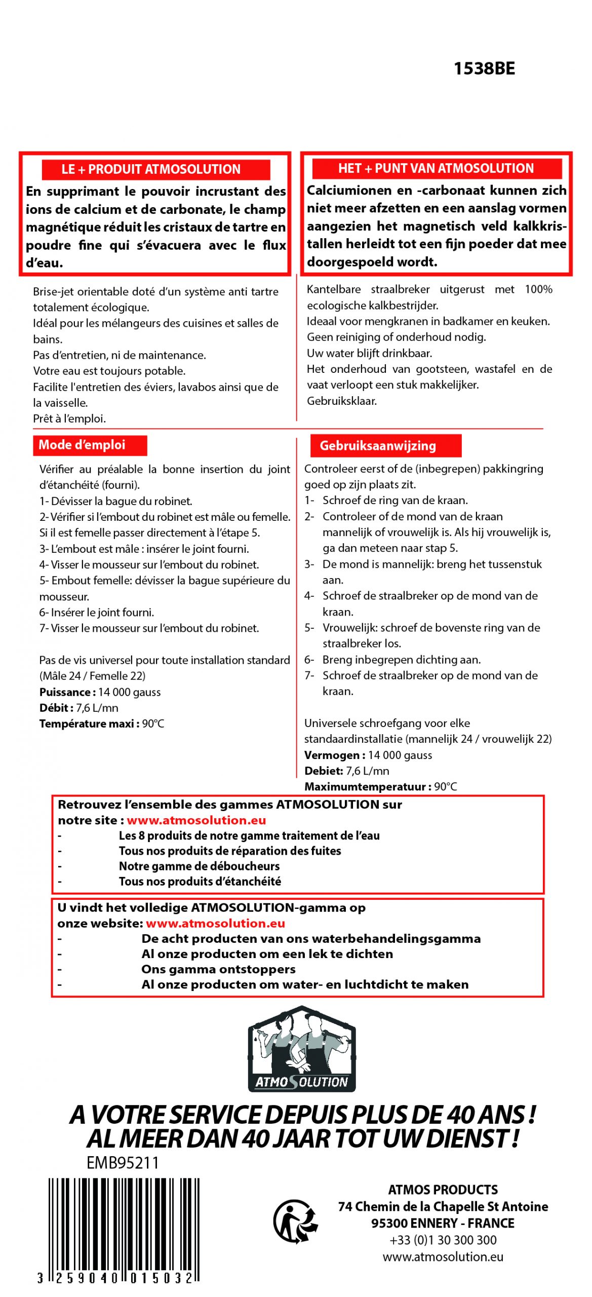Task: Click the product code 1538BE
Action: [484, 68]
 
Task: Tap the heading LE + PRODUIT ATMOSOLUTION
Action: [151, 169]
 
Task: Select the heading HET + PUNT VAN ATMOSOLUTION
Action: [436, 168]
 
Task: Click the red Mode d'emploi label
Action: [83, 445]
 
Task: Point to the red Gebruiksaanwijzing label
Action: [377, 446]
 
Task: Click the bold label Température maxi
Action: [86, 723]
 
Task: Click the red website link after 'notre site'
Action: [196, 820]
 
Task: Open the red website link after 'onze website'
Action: [215, 923]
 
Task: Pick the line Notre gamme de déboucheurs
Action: [199, 866]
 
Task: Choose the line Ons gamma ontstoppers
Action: [218, 969]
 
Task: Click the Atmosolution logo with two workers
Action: [301, 1049]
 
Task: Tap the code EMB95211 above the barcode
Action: [123, 1162]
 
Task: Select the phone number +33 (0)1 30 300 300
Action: [443, 1240]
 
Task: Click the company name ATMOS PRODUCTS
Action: [443, 1190]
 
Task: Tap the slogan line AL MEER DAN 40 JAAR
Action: [302, 1139]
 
